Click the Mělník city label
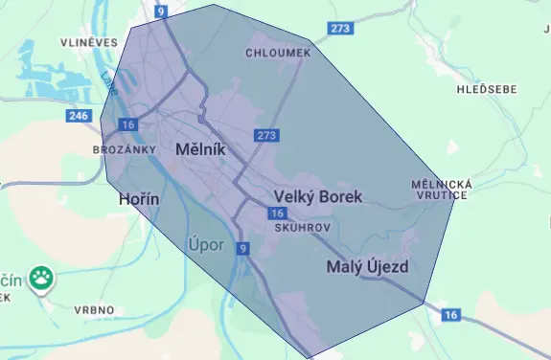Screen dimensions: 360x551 click(x=200, y=150)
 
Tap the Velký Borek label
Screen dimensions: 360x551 click(x=318, y=197)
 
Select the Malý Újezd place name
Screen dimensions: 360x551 click(x=368, y=266)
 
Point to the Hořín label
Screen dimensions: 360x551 click(x=137, y=199)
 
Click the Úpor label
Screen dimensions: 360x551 click(x=206, y=245)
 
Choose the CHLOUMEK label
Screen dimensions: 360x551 click(x=278, y=53)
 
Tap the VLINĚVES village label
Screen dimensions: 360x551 click(x=88, y=42)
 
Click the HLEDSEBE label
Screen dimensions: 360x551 click(x=488, y=89)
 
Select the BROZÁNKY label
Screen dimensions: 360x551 click(x=124, y=150)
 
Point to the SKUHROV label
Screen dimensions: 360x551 click(x=302, y=230)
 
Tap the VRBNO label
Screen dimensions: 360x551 click(x=95, y=310)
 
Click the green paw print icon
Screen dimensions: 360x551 click(x=40, y=279)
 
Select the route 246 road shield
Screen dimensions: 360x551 click(x=79, y=116)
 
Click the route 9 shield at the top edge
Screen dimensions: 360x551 click(x=161, y=11)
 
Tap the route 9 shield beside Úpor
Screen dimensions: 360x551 click(x=243, y=249)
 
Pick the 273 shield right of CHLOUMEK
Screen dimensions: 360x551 click(x=339, y=29)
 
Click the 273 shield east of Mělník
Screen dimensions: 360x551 click(x=266, y=136)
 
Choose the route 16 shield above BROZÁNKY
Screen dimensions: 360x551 click(x=128, y=124)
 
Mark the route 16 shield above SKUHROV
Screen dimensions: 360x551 click(x=278, y=214)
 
